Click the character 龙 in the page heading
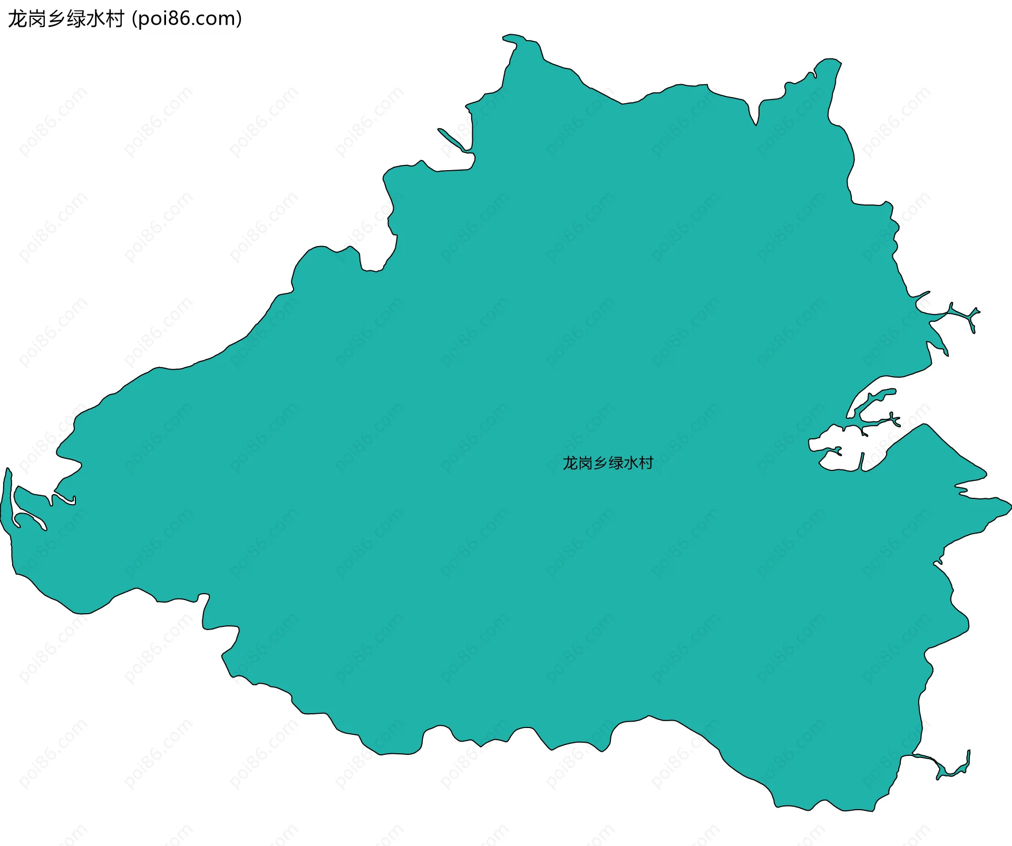(17, 19)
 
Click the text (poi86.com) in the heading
(187, 19)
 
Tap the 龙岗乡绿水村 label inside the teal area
(608, 463)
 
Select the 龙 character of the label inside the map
(570, 463)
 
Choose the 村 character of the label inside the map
(646, 463)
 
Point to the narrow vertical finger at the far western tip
(6, 500)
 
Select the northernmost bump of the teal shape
(514, 38)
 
